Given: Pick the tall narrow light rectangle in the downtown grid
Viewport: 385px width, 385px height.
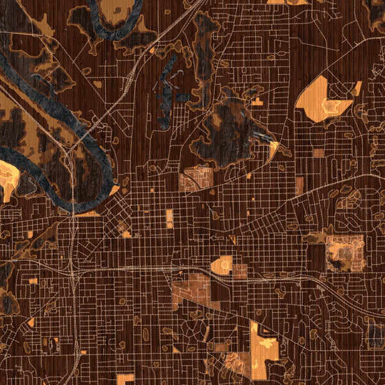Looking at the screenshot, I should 169,219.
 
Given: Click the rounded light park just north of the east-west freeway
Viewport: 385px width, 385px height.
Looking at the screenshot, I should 222,264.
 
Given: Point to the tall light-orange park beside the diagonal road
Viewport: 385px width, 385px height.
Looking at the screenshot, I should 263,350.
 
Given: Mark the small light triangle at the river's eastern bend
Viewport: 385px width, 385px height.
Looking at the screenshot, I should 115,190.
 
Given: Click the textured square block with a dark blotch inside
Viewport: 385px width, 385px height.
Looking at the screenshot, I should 345,252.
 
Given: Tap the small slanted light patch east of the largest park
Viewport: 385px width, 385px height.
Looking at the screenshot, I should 357,89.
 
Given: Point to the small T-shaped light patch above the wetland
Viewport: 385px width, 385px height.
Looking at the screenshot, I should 257,101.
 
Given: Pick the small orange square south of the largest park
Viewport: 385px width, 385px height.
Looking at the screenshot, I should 319,153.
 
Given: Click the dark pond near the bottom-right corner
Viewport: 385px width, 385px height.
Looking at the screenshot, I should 375,334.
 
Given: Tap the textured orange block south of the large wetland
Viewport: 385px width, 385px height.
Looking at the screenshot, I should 195,178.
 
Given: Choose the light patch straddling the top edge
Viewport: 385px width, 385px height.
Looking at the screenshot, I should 287,2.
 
